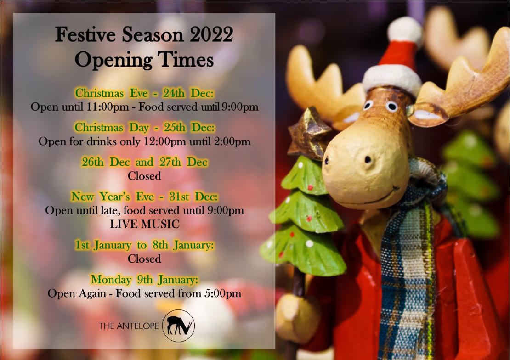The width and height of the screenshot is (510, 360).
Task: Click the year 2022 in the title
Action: [211, 34]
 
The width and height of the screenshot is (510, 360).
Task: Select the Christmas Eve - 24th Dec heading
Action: [144, 93]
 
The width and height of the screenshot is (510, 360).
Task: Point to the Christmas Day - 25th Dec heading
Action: [144, 128]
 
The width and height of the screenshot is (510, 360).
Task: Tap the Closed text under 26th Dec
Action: [144, 176]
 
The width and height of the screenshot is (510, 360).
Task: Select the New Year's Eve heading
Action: [144, 197]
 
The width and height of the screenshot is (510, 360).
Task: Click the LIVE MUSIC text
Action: [144, 224]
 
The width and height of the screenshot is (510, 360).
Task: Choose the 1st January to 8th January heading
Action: [144, 245]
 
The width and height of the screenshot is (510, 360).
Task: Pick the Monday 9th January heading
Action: [144, 279]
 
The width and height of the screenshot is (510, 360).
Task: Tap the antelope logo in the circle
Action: [179, 326]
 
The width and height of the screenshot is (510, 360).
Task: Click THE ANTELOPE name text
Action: [129, 326]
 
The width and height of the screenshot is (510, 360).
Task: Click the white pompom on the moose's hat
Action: [405, 30]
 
